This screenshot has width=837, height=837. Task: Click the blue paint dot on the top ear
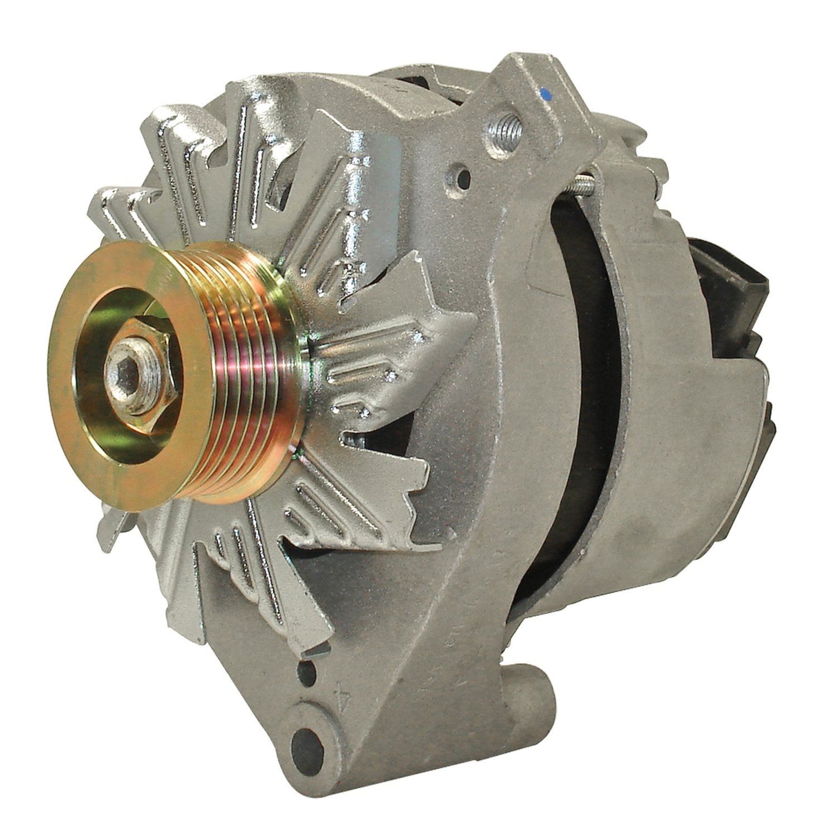pos(545,92)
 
